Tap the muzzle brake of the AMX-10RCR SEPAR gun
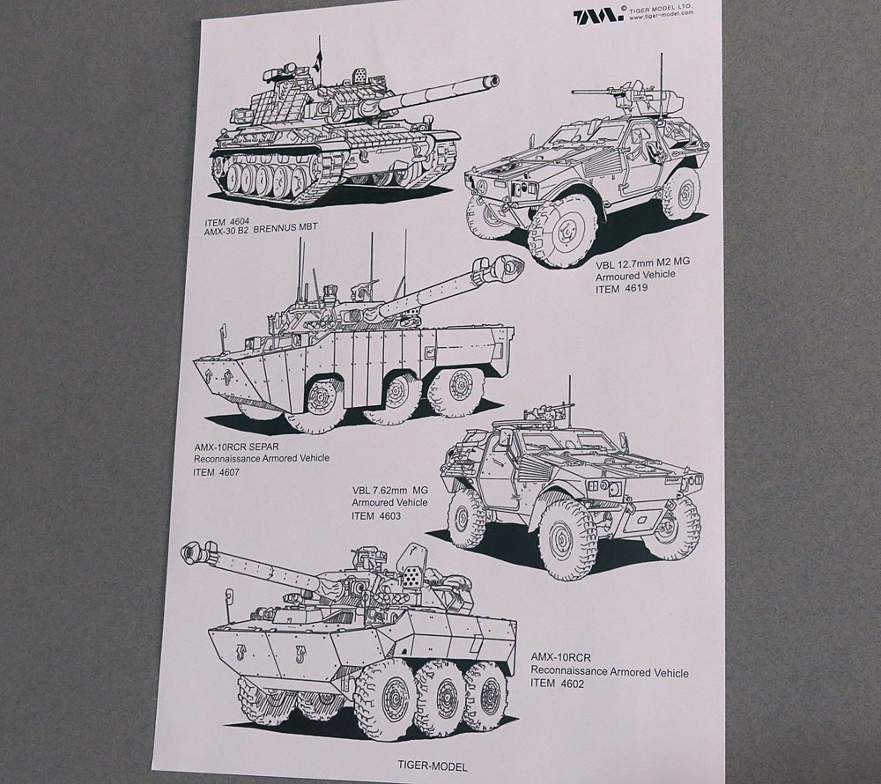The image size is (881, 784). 507,265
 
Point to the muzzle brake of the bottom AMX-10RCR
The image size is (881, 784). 195,553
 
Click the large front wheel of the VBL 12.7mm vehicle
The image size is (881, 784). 562,232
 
